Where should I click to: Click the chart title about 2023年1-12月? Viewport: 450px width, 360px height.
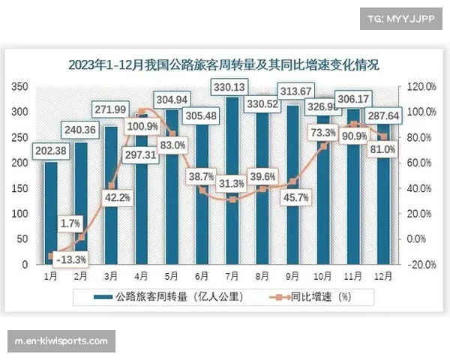(223, 65)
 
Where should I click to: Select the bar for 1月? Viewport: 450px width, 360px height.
(51, 214)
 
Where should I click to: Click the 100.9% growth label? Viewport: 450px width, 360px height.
(143, 127)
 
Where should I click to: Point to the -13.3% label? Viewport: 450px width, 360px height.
(70, 259)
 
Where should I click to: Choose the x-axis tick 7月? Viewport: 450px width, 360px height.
(233, 276)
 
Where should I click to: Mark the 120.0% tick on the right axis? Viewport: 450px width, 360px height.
(421, 87)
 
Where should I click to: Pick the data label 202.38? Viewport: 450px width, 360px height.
(52, 151)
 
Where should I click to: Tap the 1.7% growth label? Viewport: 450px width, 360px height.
(70, 223)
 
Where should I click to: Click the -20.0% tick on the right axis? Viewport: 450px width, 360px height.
(421, 265)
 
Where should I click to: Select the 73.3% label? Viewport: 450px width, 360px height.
(323, 133)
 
